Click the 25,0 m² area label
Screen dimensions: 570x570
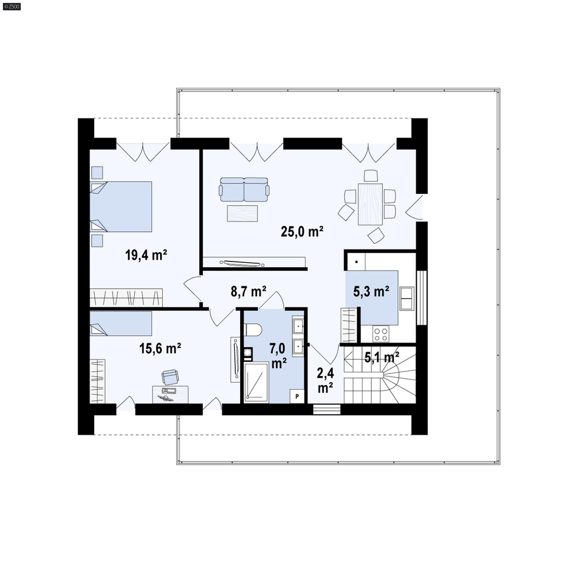(302, 232)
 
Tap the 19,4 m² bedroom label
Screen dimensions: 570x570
(146, 255)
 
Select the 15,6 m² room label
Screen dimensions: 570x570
(160, 348)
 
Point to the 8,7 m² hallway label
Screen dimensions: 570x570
(248, 292)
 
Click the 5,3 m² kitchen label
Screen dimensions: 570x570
(371, 292)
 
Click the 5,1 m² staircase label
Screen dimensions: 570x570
(382, 357)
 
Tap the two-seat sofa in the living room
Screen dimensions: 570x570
(244, 190)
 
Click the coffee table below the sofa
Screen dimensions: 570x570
(242, 213)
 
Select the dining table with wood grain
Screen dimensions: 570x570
(370, 204)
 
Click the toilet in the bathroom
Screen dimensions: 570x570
(253, 330)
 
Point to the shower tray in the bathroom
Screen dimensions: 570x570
(256, 382)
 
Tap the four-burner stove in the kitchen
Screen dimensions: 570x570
(380, 334)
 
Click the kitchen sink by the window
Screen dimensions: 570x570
(406, 298)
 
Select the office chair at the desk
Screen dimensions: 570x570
(170, 377)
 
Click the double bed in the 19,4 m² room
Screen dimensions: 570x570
(121, 207)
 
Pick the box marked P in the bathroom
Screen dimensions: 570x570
(297, 396)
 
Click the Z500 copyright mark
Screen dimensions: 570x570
(11, 6)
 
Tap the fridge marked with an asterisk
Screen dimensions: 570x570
(356, 262)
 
